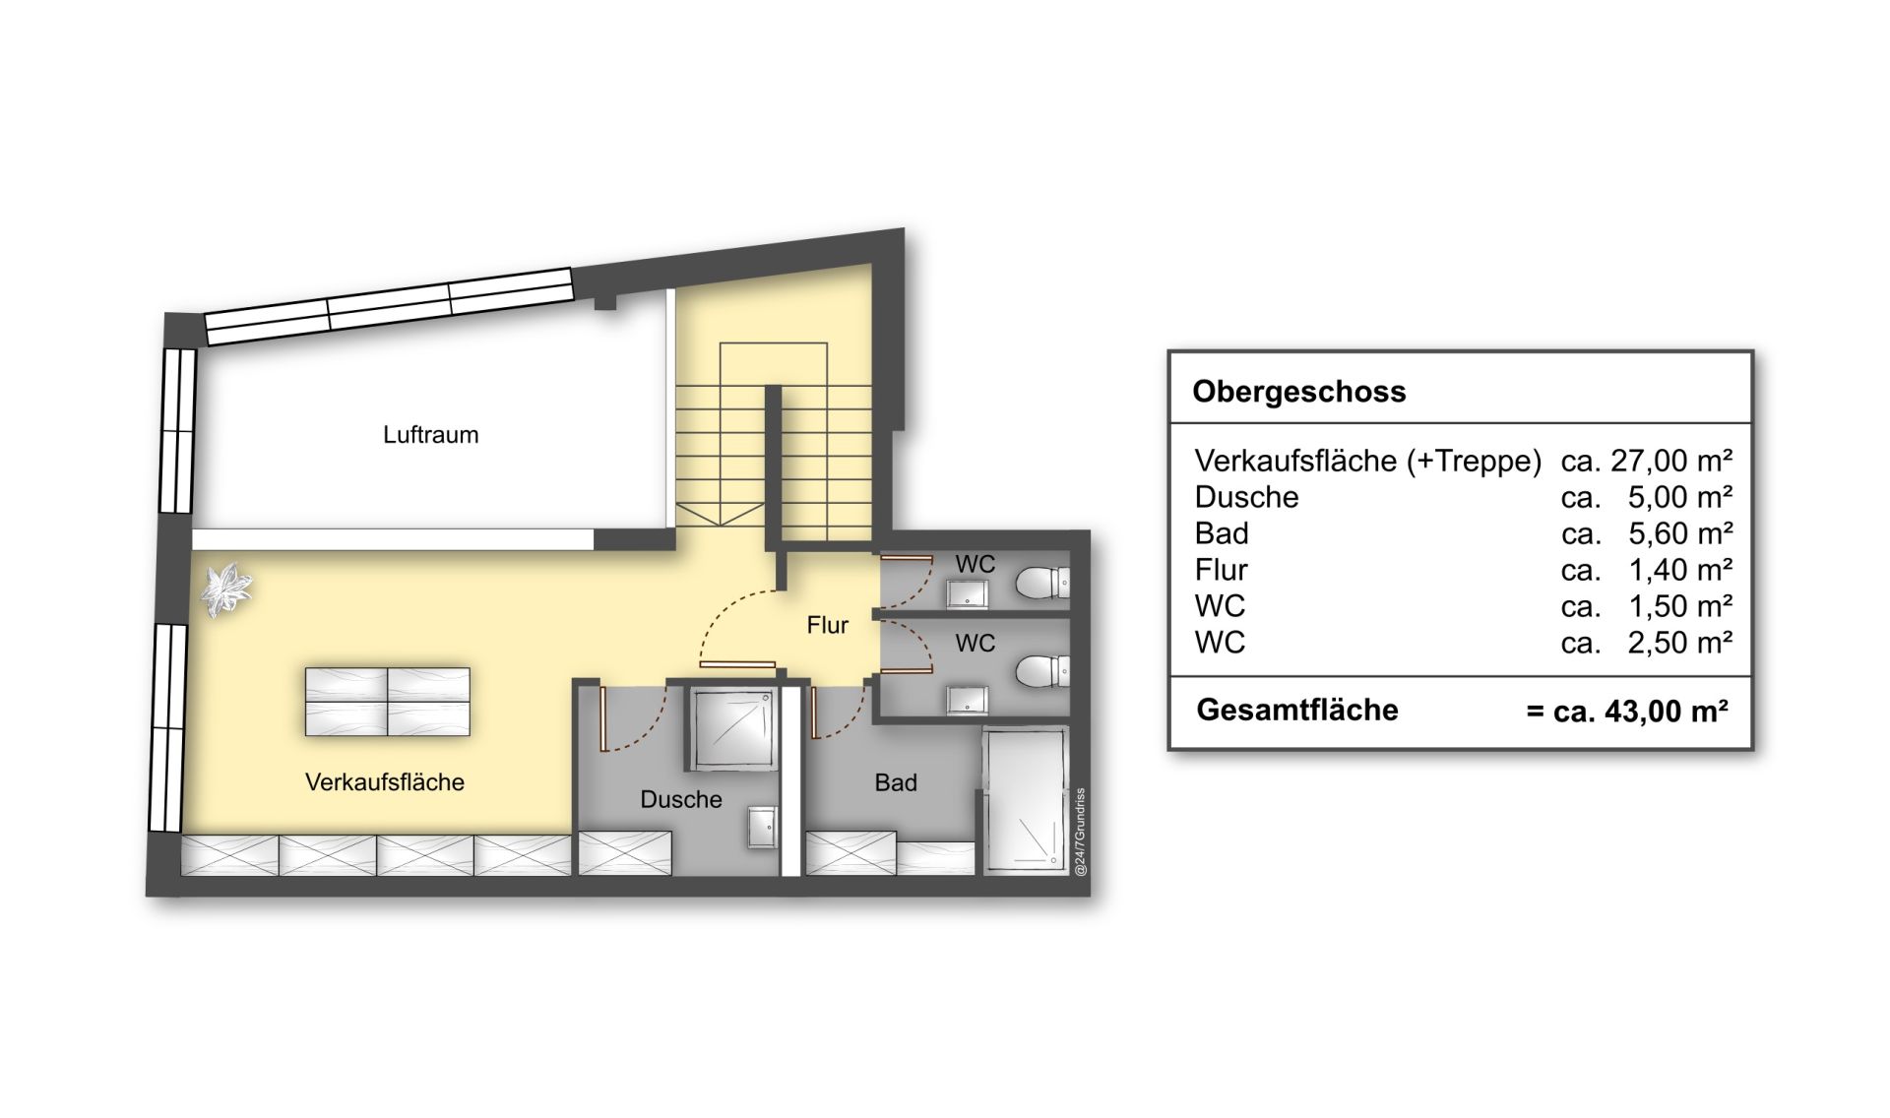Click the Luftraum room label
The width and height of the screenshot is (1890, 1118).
(430, 435)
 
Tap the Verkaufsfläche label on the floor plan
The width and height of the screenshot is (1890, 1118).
(385, 782)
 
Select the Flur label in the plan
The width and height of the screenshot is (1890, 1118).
(827, 625)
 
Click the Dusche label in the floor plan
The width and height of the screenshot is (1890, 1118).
(681, 799)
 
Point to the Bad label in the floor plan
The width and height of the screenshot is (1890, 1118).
(896, 782)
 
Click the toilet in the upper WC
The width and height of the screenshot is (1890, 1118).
(1041, 582)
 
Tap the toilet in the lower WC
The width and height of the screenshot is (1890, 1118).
(1041, 672)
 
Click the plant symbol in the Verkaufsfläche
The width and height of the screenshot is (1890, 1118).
(226, 589)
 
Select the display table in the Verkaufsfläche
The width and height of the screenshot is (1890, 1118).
(387, 702)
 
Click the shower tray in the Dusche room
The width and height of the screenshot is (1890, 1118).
(731, 729)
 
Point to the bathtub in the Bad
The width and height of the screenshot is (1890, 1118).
(1026, 799)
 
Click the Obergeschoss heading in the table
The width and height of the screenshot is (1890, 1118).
(1299, 392)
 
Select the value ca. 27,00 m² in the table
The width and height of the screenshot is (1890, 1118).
(1647, 461)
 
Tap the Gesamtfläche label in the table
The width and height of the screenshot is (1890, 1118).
(1297, 710)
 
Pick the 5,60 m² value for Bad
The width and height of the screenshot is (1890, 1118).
(1680, 533)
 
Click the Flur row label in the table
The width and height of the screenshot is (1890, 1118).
(1221, 570)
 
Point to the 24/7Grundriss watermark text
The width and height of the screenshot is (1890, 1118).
(1080, 832)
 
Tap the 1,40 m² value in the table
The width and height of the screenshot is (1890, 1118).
(1680, 570)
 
